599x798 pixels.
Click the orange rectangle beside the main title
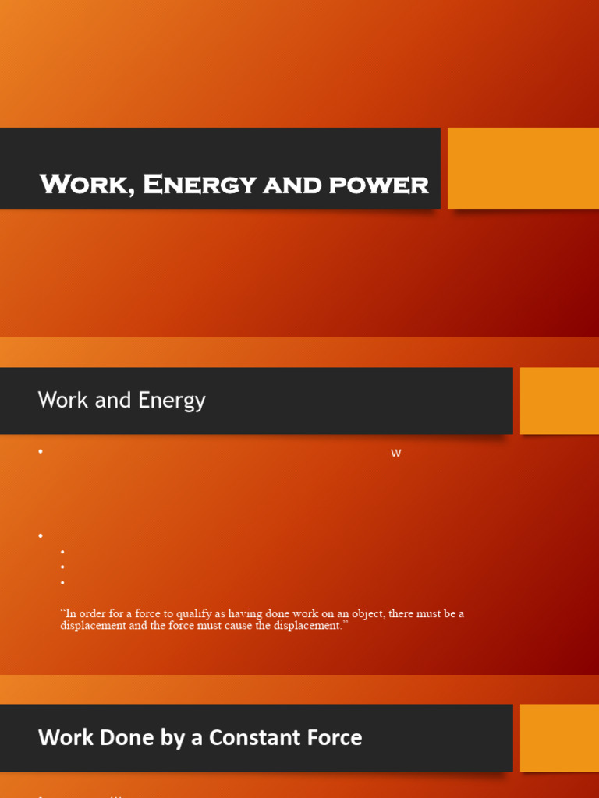523,168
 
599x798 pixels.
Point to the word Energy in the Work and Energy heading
172,401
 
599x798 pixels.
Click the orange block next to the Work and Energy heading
559,401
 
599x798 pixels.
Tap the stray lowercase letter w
395,453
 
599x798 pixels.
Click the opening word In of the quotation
67,613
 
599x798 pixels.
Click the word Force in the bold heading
335,737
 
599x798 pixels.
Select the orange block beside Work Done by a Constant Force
559,738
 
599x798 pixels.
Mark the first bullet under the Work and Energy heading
41,452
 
